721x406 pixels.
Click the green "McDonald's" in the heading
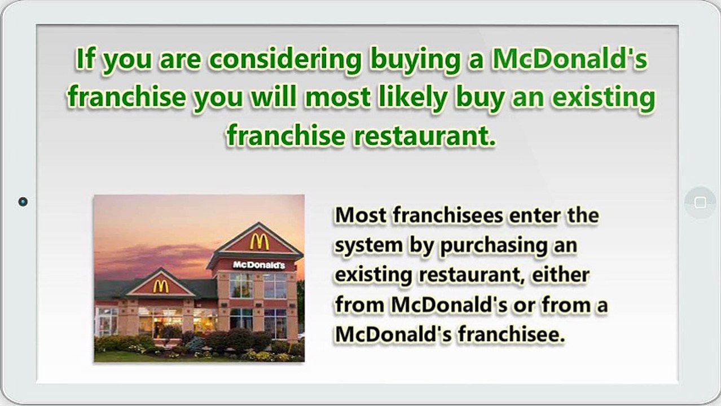570,60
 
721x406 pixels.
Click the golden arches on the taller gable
259,242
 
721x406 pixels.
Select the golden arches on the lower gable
160,286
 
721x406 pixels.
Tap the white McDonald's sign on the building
259,265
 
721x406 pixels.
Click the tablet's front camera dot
23,201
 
